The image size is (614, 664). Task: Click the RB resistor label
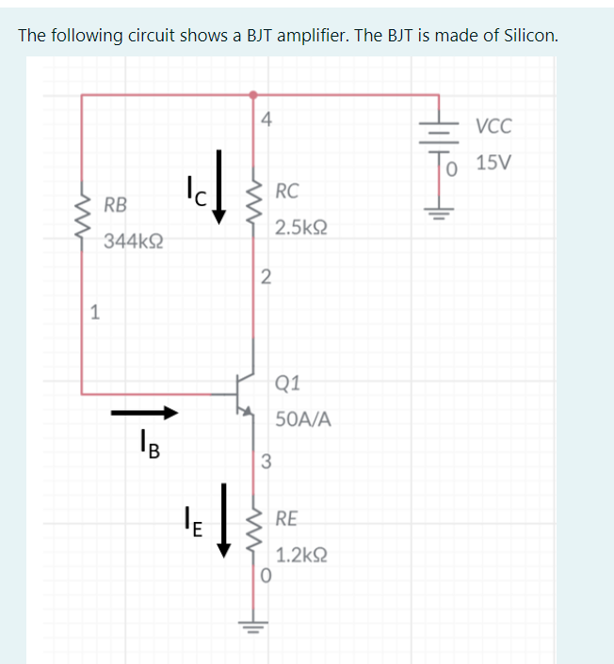[117, 204]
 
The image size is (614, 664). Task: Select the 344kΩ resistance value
[132, 241]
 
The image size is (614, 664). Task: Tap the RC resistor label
[287, 192]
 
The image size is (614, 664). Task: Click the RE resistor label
[287, 518]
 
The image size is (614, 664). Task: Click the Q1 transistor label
[288, 383]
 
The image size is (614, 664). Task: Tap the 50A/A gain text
[303, 419]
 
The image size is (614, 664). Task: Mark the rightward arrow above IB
[144, 412]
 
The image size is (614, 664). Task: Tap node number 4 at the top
[267, 119]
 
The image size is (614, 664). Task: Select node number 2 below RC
[266, 277]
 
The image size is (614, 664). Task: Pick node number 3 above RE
[266, 461]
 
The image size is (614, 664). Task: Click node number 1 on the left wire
[94, 313]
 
